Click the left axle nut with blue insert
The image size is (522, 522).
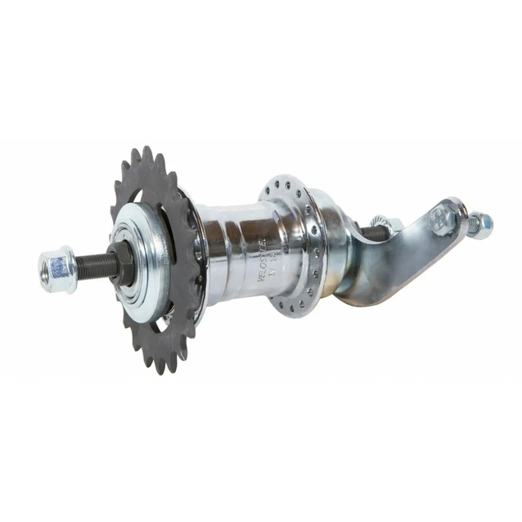tap(56, 268)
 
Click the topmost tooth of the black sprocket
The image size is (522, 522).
tap(147, 154)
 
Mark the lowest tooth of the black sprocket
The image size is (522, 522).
tap(161, 366)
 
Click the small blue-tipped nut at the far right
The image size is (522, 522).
tap(482, 222)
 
